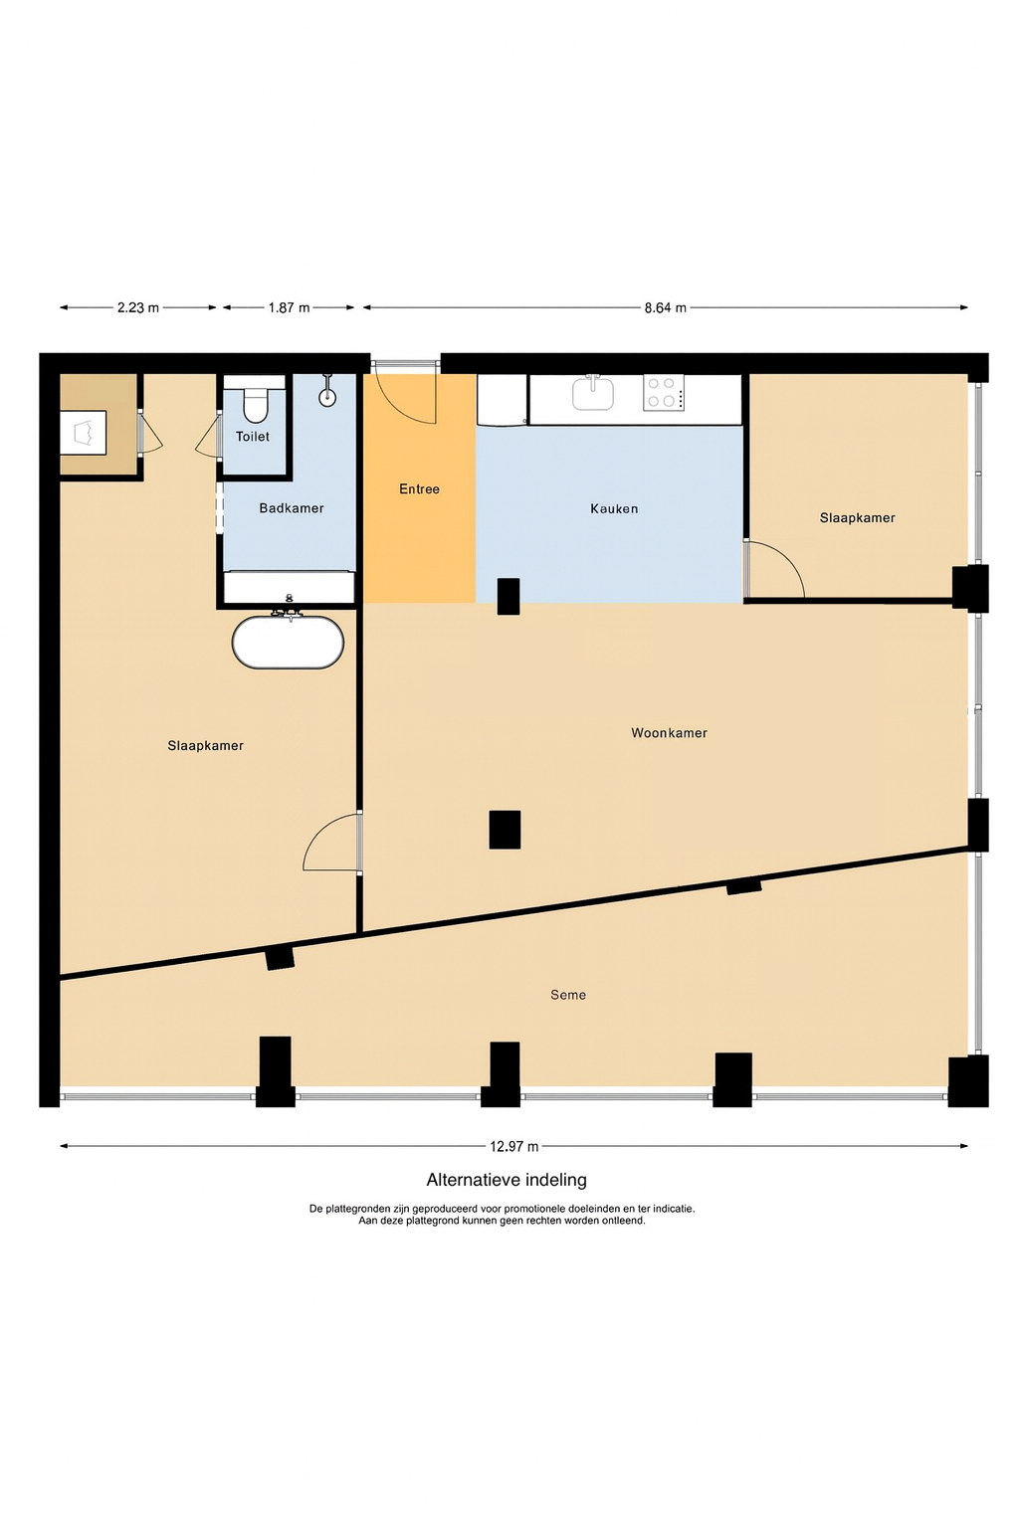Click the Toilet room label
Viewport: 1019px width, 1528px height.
(253, 437)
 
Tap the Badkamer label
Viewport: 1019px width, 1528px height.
(292, 508)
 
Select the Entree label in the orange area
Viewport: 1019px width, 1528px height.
(419, 489)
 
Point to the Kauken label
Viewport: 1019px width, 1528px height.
(614, 509)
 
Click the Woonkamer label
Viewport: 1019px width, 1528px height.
(669, 733)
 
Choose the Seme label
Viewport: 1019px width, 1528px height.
(568, 995)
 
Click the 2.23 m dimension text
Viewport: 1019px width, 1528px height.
(138, 307)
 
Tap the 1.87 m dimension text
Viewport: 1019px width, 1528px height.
(289, 307)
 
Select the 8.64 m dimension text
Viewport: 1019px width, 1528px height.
(666, 307)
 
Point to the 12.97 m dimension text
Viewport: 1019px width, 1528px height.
(513, 1147)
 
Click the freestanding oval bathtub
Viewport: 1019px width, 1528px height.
(288, 643)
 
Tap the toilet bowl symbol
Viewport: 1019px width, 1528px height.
(255, 407)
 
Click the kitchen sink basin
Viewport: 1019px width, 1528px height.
(592, 394)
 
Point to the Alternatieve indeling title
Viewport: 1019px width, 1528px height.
(507, 1180)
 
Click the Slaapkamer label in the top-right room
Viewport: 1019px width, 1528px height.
(857, 518)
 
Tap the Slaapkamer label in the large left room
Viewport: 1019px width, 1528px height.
(205, 746)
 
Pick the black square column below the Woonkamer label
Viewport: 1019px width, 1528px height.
(506, 830)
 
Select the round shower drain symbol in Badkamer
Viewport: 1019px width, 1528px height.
(327, 397)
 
